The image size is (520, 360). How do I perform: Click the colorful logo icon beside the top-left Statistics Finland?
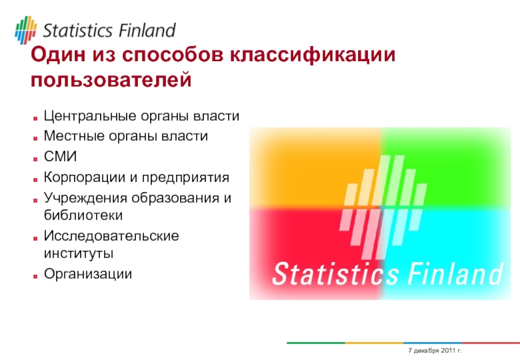(25, 30)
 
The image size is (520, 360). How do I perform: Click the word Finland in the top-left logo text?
(147, 31)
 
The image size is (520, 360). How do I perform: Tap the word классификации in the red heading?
(313, 55)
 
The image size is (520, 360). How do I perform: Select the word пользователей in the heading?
(111, 80)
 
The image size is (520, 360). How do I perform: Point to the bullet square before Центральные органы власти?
(35, 118)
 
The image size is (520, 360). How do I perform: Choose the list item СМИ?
(60, 157)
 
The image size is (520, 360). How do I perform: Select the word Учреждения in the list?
(85, 198)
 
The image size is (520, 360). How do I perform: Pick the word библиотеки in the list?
(83, 216)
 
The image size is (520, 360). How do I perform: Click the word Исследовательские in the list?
(111, 236)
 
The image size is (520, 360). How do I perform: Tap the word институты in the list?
(79, 253)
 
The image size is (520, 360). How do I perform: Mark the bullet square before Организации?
(35, 276)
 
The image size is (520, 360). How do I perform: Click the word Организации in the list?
(88, 274)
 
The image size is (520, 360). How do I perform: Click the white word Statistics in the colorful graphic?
(335, 274)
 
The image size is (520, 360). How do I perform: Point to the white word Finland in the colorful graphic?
(455, 274)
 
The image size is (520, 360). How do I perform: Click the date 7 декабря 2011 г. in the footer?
(435, 350)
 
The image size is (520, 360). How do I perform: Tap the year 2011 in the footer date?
(447, 350)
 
